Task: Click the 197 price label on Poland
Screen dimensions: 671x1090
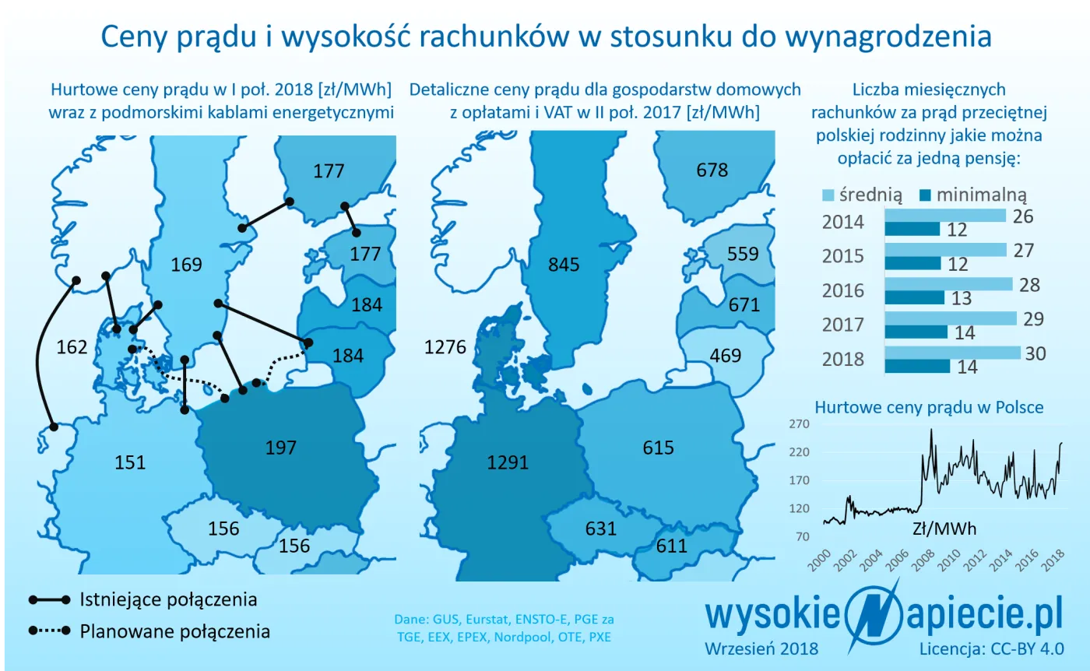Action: [x=281, y=448]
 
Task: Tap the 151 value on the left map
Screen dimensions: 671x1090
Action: [x=130, y=462]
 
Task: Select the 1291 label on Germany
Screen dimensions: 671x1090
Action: [x=508, y=462]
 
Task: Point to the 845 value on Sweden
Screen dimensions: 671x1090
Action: [x=564, y=265]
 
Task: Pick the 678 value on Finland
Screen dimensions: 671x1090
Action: [x=712, y=170]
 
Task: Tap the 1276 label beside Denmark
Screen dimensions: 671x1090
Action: [x=445, y=347]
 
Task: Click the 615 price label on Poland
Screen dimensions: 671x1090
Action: [x=658, y=448]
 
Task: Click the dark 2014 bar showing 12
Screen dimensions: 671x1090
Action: [x=912, y=229]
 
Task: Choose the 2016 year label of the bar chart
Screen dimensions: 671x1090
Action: [x=843, y=290]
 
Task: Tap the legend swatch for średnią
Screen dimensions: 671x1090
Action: [x=828, y=195]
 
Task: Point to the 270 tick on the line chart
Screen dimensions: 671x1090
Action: [x=800, y=424]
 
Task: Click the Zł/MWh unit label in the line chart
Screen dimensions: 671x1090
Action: [x=944, y=529]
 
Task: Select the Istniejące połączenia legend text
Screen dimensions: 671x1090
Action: [x=168, y=600]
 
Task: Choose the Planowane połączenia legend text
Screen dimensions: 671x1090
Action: [x=175, y=631]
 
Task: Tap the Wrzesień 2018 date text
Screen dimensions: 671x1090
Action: [x=761, y=648]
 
